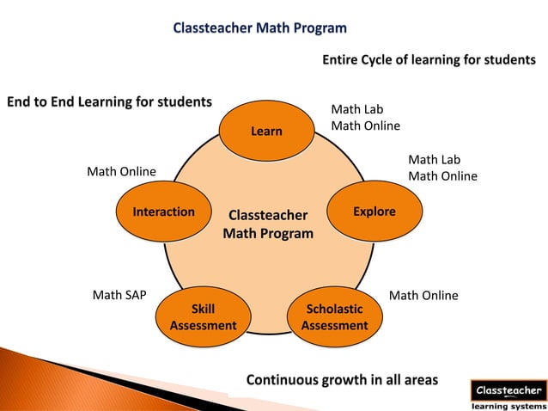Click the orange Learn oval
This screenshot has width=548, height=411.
266,132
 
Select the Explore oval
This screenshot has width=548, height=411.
374,212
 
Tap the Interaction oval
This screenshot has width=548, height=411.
163,212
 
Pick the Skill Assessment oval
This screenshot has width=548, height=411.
203,317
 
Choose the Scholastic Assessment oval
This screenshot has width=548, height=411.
334,317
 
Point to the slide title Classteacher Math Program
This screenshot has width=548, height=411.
260,28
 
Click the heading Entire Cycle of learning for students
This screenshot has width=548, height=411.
429,60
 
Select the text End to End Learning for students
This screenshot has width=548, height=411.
109,103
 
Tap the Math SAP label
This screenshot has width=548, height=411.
119,296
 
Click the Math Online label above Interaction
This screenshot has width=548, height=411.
122,172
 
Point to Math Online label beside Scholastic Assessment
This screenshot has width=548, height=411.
423,296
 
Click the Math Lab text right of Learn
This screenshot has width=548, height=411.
357,109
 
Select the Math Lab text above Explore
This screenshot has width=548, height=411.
434,160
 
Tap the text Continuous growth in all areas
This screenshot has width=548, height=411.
342,379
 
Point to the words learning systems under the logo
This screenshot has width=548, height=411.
508,406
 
